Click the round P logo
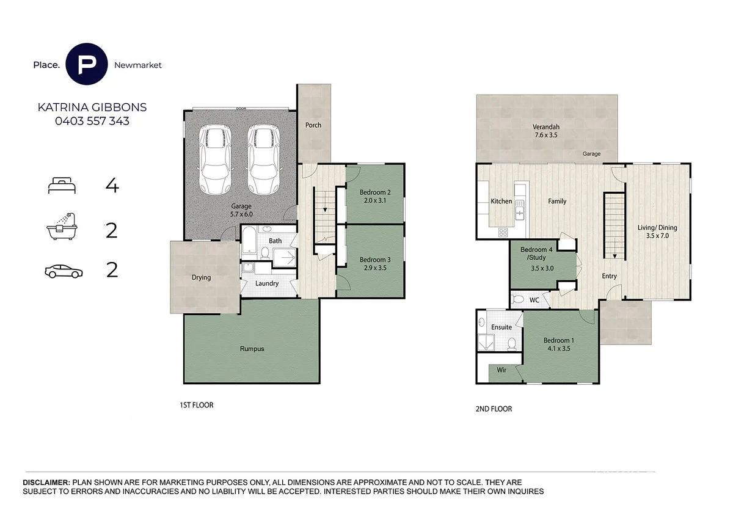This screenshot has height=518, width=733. pyautogui.click(x=86, y=64)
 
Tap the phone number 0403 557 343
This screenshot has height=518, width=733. pyautogui.click(x=92, y=121)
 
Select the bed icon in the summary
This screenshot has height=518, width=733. pyautogui.click(x=62, y=186)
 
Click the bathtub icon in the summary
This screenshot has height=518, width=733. pyautogui.click(x=62, y=227)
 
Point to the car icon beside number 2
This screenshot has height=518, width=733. pyautogui.click(x=64, y=271)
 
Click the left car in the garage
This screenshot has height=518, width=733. pyautogui.click(x=215, y=159)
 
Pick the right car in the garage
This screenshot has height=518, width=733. pyautogui.click(x=263, y=159)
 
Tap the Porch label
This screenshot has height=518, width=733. pyautogui.click(x=313, y=125)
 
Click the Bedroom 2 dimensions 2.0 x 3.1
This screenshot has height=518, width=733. pyautogui.click(x=375, y=200)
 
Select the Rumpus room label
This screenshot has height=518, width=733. pyautogui.click(x=252, y=349)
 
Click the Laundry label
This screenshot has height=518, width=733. pyautogui.click(x=267, y=283)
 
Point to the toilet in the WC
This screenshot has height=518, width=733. pyautogui.click(x=517, y=299)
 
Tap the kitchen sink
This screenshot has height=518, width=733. pyautogui.click(x=520, y=209)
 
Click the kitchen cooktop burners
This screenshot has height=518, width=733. pyautogui.click(x=503, y=232)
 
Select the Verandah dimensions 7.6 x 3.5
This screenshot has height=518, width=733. pyautogui.click(x=546, y=135)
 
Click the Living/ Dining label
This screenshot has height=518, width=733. pyautogui.click(x=657, y=228)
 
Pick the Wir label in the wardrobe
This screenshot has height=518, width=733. pyautogui.click(x=501, y=370)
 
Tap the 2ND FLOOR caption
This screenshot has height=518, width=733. pyautogui.click(x=494, y=409)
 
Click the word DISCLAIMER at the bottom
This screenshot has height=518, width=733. pyautogui.click(x=46, y=483)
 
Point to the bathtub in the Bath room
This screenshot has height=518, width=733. pyautogui.click(x=249, y=240)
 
